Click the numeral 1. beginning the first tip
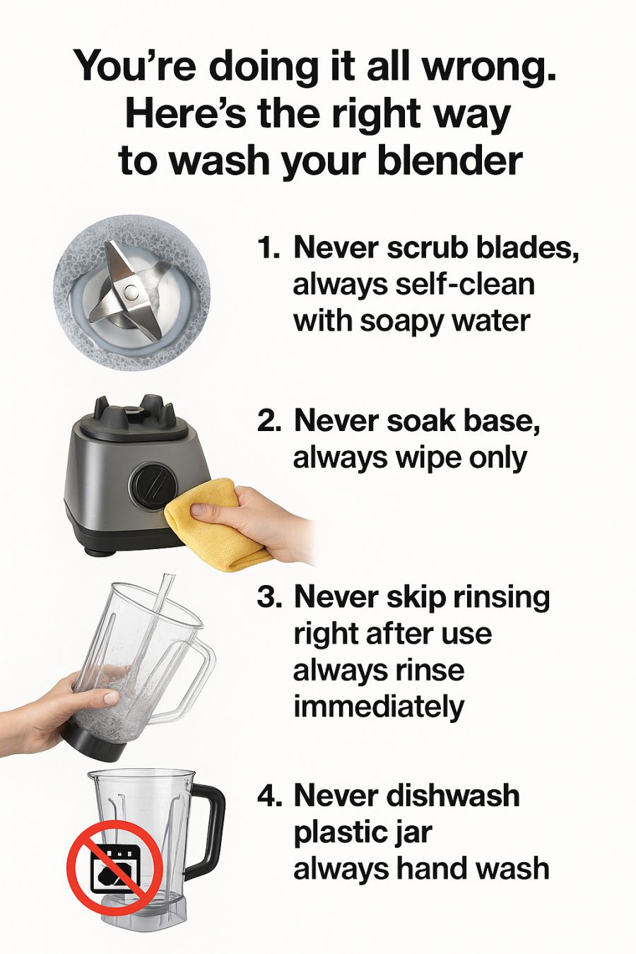(269, 248)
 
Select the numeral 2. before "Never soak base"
(269, 421)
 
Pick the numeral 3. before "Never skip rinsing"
(269, 598)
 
